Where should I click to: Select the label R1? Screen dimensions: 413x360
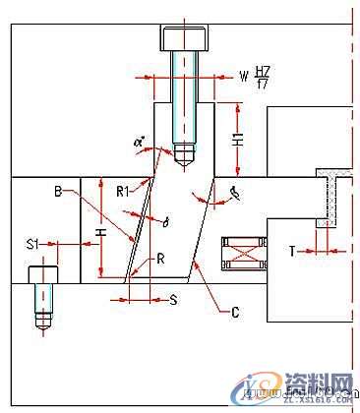click(x=122, y=190)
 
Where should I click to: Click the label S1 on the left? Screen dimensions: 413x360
click(x=32, y=242)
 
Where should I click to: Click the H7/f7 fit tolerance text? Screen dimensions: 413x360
click(x=262, y=77)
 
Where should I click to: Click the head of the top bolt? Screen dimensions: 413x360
click(x=185, y=38)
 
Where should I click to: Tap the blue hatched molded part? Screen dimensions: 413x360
click(x=329, y=197)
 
